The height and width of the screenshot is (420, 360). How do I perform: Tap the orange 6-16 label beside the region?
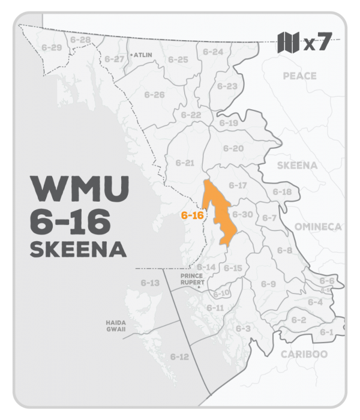[x=191, y=215]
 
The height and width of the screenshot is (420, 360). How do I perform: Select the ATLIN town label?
[x=144, y=53]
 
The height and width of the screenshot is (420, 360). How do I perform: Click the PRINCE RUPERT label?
[x=193, y=280]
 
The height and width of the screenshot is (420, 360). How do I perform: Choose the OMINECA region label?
[x=318, y=227]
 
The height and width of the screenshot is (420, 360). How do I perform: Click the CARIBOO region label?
[x=304, y=354]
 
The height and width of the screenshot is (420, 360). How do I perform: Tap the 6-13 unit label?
[x=150, y=282]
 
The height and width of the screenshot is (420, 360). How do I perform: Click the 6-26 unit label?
[x=154, y=95]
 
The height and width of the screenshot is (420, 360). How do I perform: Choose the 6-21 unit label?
[x=185, y=163]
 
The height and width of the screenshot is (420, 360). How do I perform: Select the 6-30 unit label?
[x=242, y=214]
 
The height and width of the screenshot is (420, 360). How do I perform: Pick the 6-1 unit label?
[x=326, y=332]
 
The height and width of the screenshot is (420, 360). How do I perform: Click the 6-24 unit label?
[x=212, y=52]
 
